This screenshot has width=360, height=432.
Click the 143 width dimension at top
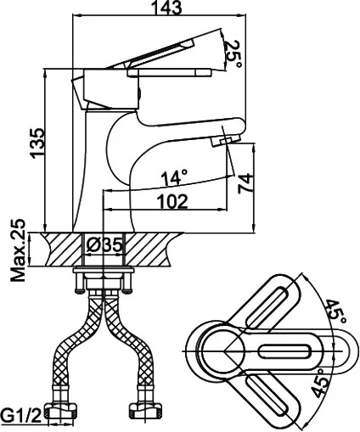click(166, 8)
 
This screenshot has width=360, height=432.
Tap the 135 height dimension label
click(37, 143)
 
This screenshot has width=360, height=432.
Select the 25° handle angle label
click(233, 54)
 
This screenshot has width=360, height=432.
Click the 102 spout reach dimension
click(172, 201)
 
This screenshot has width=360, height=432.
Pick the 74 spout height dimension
click(245, 183)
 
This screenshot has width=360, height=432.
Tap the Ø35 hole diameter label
click(104, 245)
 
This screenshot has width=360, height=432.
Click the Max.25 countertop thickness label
click(18, 250)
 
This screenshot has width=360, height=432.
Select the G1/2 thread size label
click(20, 415)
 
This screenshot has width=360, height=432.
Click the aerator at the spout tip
click(226, 140)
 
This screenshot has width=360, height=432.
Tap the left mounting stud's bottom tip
click(80, 292)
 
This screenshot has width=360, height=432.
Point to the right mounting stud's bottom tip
click(127, 292)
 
